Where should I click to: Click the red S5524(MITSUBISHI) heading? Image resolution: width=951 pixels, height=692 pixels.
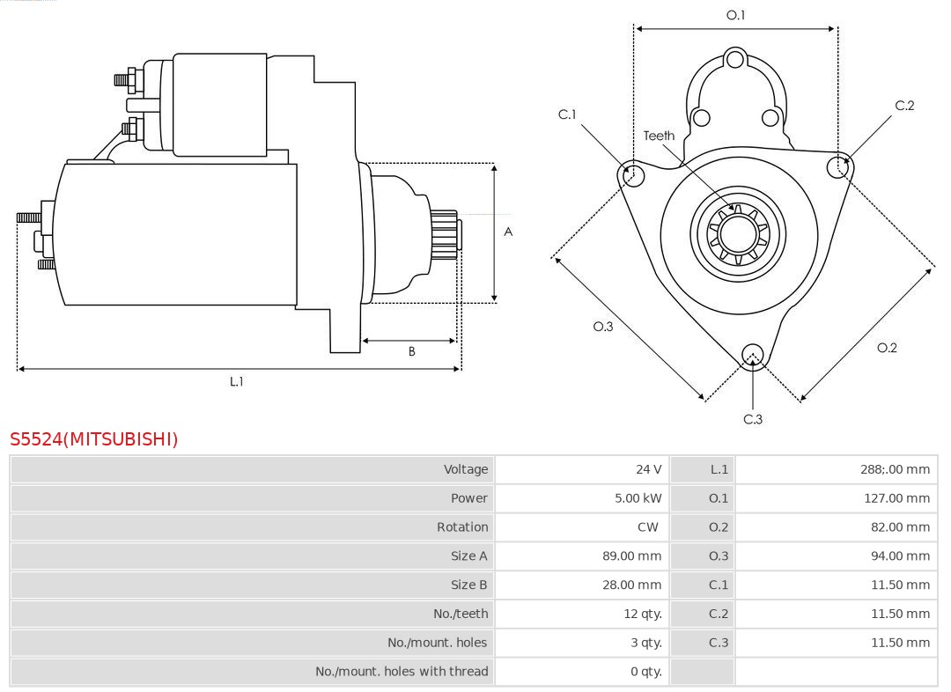point(94,438)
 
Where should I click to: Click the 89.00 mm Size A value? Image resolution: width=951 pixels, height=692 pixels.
point(631,556)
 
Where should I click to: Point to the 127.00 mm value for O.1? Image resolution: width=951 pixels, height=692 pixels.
point(896,498)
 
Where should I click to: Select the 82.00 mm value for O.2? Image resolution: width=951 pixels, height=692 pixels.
point(899,527)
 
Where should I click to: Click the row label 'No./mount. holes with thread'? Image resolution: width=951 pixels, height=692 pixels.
point(402,672)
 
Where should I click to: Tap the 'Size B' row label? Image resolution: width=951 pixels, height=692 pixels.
point(468,585)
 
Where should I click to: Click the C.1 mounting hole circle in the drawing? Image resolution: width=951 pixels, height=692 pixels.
point(631,174)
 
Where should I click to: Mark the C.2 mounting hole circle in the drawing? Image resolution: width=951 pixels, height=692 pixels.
point(838,167)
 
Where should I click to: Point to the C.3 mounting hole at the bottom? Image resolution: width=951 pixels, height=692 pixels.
point(752,355)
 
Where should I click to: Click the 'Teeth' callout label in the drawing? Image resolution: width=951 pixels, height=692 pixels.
point(659,136)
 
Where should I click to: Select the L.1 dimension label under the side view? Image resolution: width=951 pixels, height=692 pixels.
point(237,381)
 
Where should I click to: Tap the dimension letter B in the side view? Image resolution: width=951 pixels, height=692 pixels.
point(411,351)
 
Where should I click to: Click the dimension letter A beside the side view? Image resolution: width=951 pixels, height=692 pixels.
point(508,232)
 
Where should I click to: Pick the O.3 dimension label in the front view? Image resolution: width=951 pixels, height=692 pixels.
point(602,326)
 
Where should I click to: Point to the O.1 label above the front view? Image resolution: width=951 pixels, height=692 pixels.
point(735,15)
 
